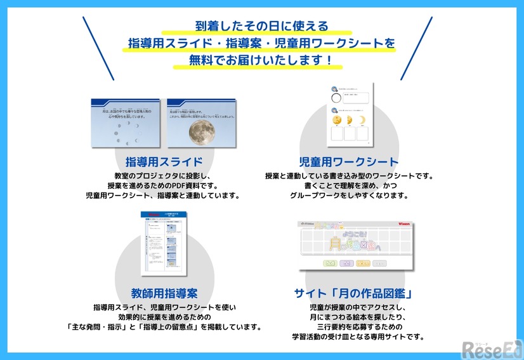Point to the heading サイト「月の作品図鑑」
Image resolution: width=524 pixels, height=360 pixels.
point(354,293)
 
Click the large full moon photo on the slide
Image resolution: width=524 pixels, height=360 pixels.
point(201,131)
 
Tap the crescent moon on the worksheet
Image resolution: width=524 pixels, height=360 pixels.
point(362,119)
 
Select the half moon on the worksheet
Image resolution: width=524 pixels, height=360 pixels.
point(350,119)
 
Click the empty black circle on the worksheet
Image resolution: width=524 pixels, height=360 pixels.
point(336,97)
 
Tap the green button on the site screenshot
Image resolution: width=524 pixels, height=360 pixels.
point(330,263)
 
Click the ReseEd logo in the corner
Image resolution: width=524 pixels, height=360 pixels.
point(492,348)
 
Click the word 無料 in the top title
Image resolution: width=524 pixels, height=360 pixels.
point(199,62)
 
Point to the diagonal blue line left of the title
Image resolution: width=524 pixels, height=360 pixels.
point(98,48)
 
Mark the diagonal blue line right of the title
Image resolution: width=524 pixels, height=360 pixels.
point(416,48)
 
